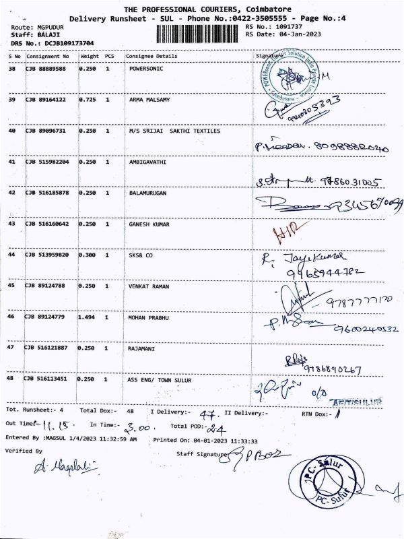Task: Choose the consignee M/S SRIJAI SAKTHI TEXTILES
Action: [174, 131]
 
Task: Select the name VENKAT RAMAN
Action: [147, 286]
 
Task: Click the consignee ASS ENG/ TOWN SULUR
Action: [160, 379]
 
